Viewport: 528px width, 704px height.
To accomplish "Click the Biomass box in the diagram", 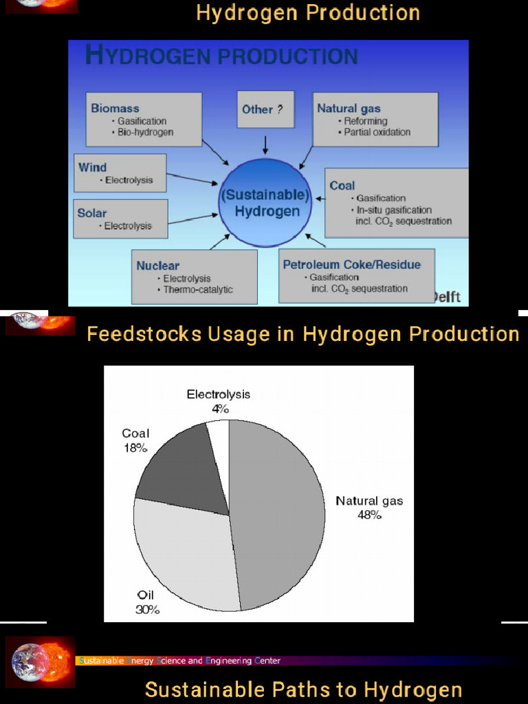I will coord(144,119).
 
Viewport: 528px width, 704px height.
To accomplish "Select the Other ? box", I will coord(265,109).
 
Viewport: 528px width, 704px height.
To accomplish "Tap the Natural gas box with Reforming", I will coord(375,119).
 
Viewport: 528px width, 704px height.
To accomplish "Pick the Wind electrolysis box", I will coord(120,173).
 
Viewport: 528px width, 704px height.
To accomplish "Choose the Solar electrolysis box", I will coord(120,219).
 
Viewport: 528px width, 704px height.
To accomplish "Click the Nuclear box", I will coord(194,276).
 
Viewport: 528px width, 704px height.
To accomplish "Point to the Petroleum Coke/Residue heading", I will coord(351,265).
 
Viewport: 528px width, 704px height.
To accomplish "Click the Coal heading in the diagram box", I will coord(342,186).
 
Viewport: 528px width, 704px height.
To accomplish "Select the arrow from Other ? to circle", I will coord(265,144).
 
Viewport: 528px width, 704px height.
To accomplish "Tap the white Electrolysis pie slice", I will coord(219,433).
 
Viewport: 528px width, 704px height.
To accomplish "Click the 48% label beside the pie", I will coord(369,514).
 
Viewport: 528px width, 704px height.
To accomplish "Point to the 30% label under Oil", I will coord(147,609).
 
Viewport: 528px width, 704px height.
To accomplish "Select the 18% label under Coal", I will coord(135,448).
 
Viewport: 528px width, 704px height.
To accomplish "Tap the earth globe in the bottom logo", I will coord(29,662).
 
